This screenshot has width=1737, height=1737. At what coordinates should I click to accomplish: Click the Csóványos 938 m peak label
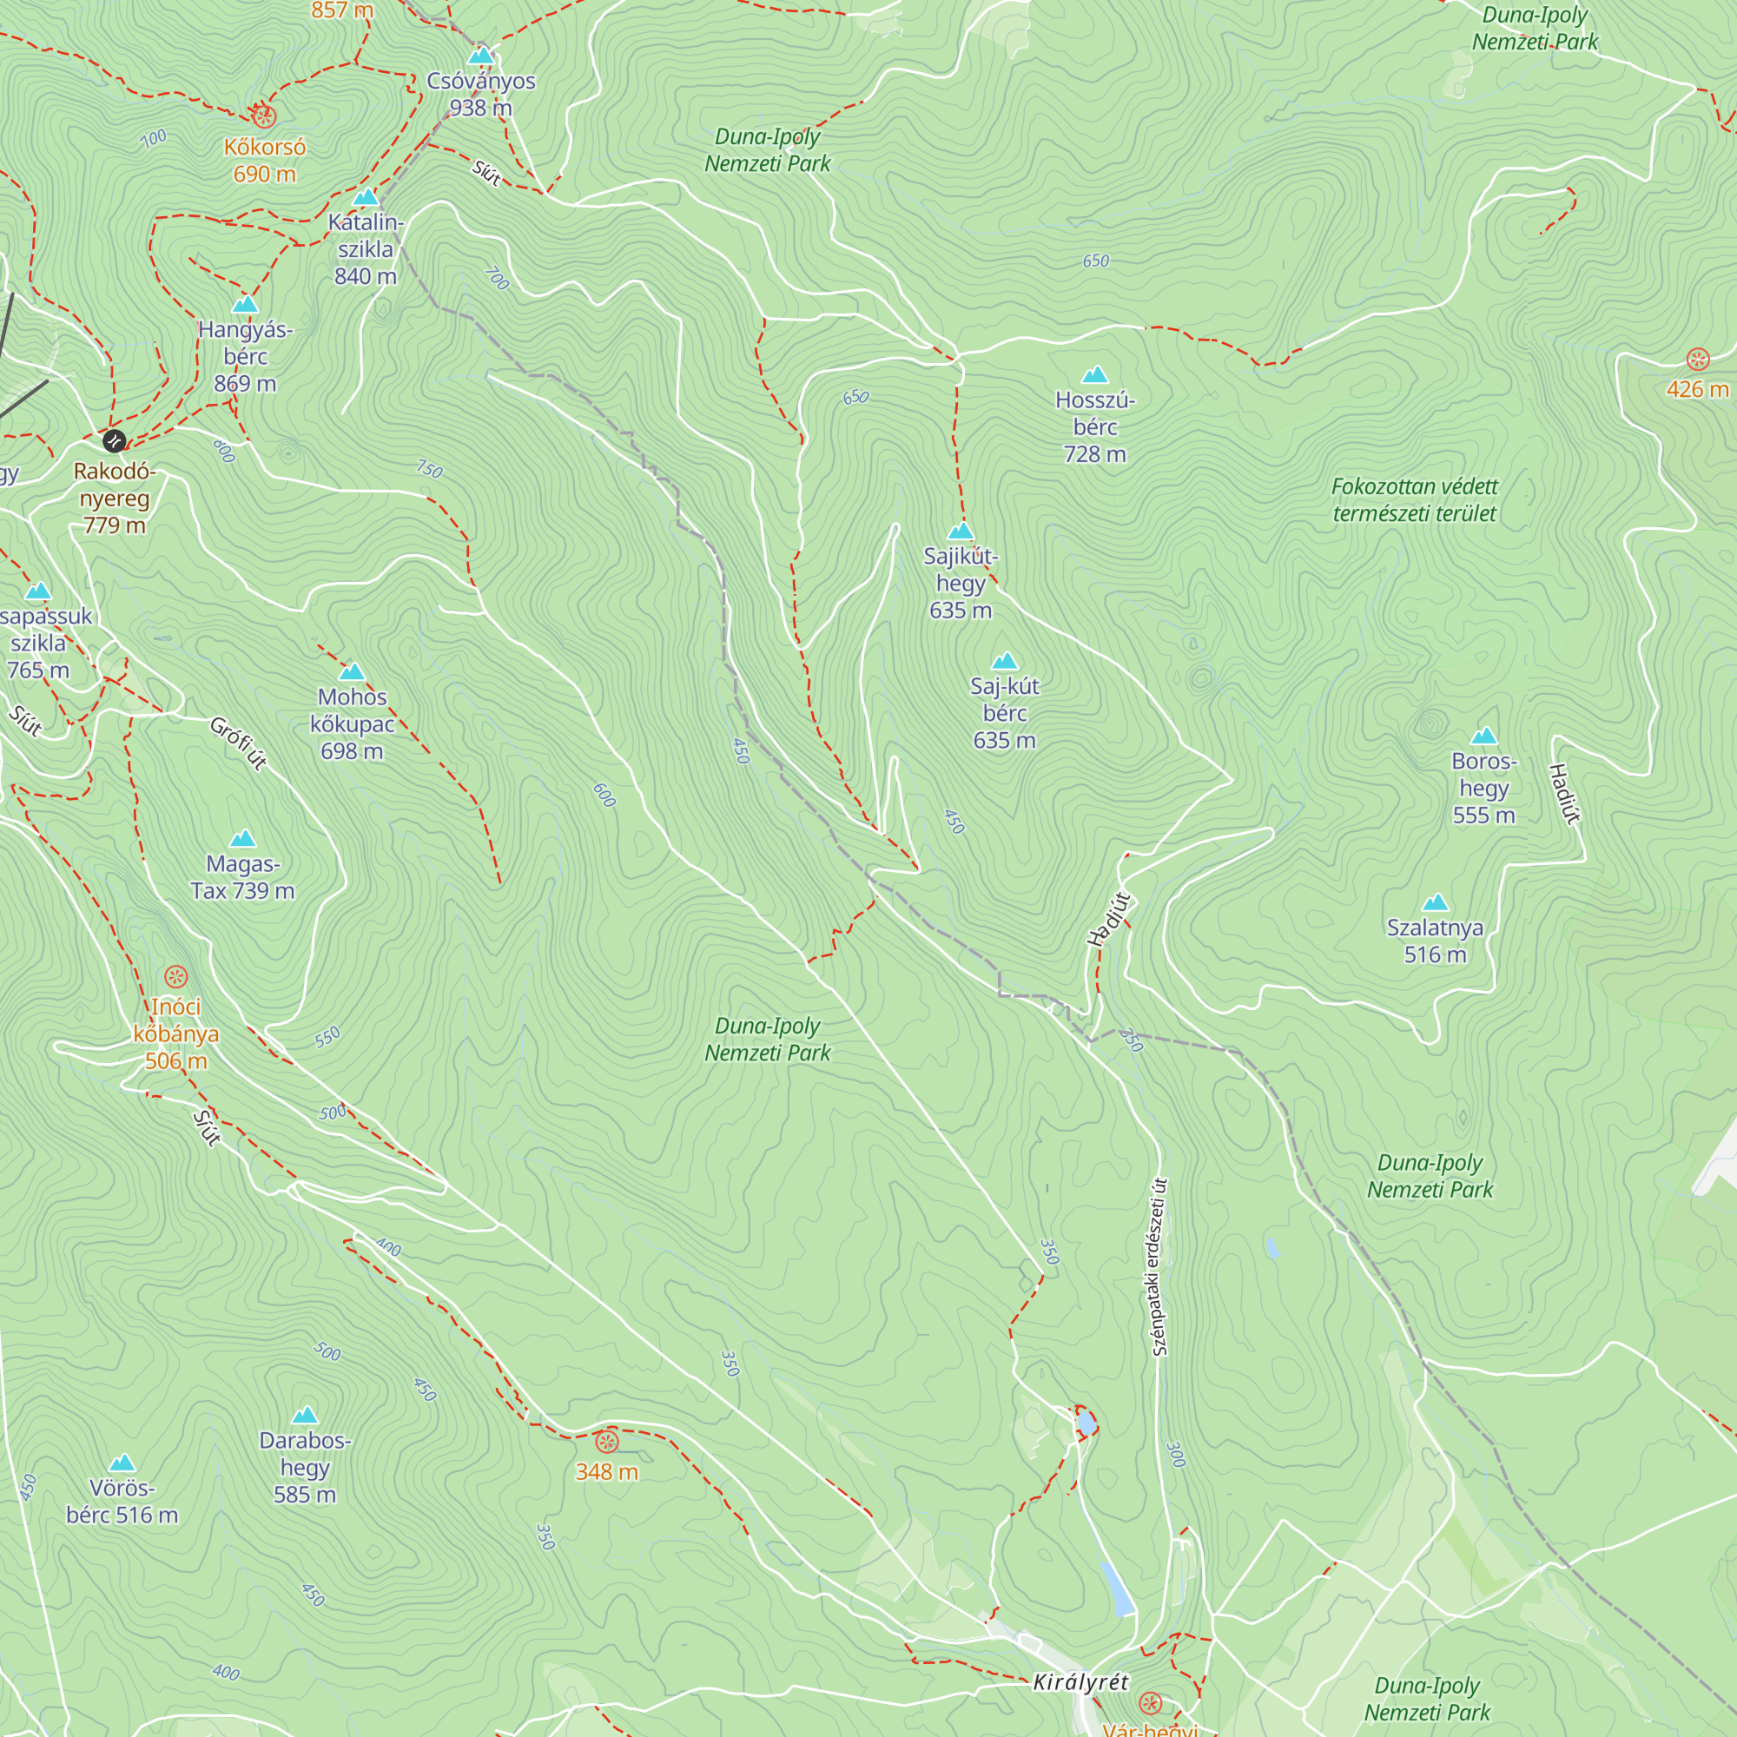click(481, 95)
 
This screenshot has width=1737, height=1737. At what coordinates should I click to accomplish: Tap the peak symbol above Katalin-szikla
click(365, 197)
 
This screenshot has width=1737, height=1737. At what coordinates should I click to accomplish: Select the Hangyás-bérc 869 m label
click(245, 356)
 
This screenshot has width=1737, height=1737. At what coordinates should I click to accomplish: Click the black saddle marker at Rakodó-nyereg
click(114, 440)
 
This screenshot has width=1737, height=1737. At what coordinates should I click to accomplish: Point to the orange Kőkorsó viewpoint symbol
click(263, 116)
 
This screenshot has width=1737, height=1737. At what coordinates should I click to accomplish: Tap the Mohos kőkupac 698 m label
click(352, 723)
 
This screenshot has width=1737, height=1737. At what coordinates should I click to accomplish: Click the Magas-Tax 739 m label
click(243, 877)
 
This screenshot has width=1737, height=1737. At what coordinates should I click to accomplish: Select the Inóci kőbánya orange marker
click(176, 976)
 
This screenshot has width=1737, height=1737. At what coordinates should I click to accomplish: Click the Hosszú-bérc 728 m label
click(1094, 427)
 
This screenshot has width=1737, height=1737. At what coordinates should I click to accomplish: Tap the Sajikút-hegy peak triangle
click(961, 531)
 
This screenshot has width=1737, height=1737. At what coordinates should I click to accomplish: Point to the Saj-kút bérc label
click(1004, 713)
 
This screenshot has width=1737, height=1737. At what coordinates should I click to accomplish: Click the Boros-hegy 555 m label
click(1483, 788)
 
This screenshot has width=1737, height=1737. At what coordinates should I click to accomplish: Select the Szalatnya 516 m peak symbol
click(1435, 902)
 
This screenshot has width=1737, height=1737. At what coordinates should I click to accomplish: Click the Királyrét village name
click(1080, 1682)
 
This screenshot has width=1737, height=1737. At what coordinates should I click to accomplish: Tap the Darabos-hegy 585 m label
click(305, 1467)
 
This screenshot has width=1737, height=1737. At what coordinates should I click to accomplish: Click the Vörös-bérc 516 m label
click(122, 1502)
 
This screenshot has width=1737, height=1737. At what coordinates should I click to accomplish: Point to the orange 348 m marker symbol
click(607, 1442)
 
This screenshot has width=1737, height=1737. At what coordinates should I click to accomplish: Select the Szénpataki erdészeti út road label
click(1159, 1267)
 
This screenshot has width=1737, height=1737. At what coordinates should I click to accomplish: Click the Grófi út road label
click(238, 743)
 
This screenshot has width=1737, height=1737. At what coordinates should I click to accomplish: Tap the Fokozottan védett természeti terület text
click(1413, 500)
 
